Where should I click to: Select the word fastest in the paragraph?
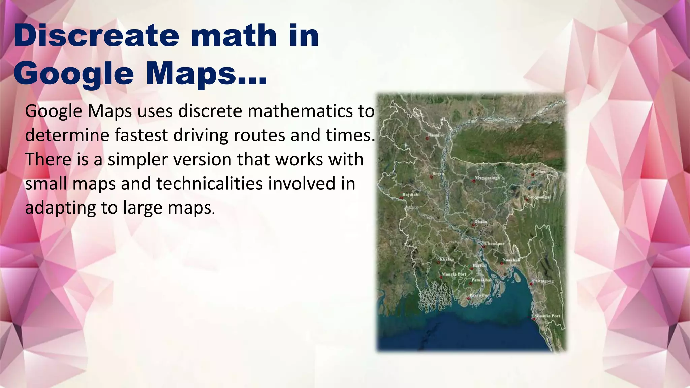click(141, 135)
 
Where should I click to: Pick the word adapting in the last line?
click(60, 208)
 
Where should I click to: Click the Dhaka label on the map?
click(481, 222)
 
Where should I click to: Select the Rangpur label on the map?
click(436, 135)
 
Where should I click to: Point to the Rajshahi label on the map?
click(411, 195)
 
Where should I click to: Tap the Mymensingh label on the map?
click(487, 177)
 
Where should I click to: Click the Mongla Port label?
click(454, 274)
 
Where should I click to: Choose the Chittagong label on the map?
click(543, 281)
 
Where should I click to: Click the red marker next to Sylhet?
click(533, 175)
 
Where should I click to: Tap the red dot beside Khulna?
click(439, 262)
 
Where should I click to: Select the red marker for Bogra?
click(431, 177)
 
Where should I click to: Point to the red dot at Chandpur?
click(483, 247)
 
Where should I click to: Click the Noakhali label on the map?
click(511, 260)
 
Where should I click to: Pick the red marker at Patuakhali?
click(471, 283)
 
